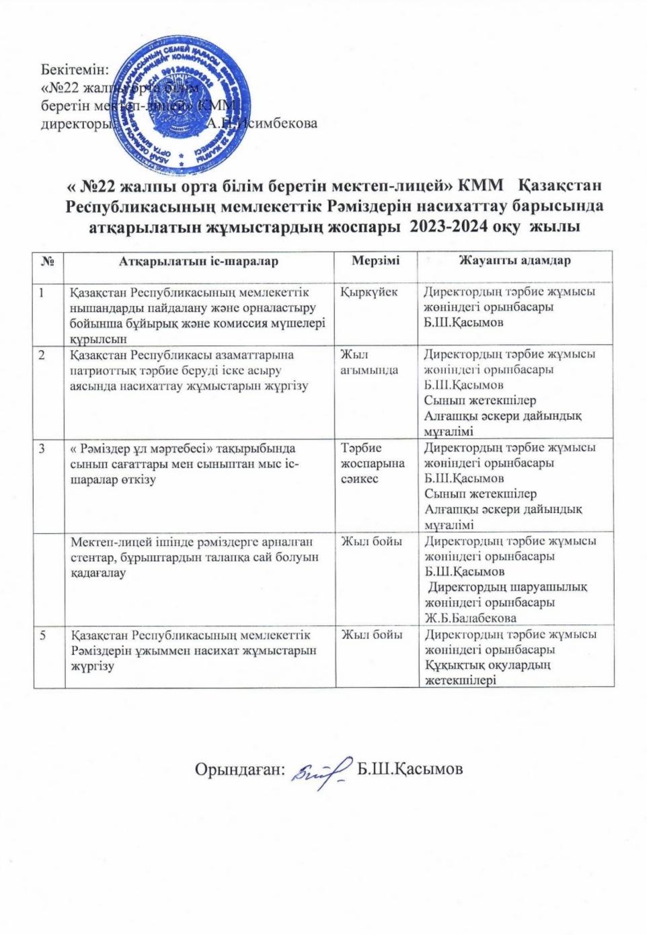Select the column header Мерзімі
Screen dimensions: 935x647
[375, 260]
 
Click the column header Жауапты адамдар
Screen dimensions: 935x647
[515, 260]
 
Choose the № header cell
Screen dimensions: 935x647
[48, 261]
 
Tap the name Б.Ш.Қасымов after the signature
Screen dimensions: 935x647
[410, 769]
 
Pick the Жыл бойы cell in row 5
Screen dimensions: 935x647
[373, 635]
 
